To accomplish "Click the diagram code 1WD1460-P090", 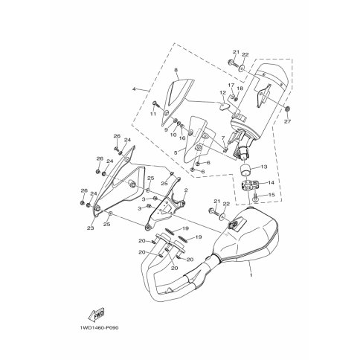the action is pos(99,328).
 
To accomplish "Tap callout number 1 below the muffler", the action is pos(251,275).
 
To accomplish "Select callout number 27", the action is pos(288,121).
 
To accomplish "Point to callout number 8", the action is pos(176,70).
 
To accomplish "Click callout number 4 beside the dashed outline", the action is pos(134,89).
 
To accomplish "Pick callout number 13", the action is pos(264,167).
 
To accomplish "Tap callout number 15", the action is pos(271,195).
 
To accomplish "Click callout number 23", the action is pos(90,228).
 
